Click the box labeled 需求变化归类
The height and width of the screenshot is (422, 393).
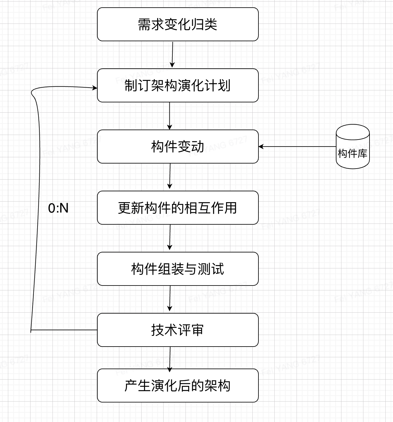pos(178,24)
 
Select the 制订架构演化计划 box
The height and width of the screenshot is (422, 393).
pos(178,85)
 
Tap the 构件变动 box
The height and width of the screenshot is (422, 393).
pos(178,147)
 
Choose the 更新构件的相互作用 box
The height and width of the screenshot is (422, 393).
pos(178,208)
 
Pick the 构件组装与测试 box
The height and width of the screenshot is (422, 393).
pos(178,269)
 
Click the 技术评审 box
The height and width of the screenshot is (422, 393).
pos(178,330)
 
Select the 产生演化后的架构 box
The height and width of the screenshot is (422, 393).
pos(178,385)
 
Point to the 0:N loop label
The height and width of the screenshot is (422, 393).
pos(58,208)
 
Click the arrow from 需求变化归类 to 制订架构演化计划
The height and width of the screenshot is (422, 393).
pos(172,54)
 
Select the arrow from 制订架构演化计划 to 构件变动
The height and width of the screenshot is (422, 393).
pos(170,115)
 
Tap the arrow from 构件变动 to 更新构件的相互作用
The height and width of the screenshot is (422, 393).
pos(170,176)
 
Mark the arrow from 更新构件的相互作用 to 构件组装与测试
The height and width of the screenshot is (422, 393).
pos(170,238)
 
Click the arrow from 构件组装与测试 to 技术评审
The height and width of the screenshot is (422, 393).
pos(170,299)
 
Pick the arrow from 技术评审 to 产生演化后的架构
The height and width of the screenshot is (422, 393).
pos(170,358)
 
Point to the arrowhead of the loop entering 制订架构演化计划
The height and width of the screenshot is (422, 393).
pos(95,88)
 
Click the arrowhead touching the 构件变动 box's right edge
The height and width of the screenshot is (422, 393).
pos(261,147)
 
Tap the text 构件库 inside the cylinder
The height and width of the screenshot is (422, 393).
pos(352,153)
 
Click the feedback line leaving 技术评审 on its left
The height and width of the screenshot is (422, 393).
pos(64,330)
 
